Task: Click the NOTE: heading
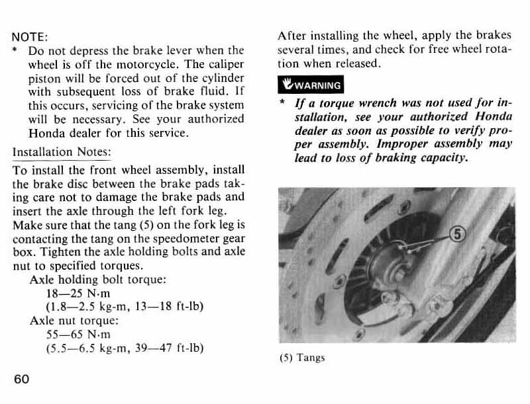[x=30, y=37]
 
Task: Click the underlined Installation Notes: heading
[x=62, y=151]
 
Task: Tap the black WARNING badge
[x=311, y=85]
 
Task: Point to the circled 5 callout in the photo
[x=458, y=234]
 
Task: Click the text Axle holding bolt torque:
[x=97, y=279]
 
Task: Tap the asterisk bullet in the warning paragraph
[x=283, y=102]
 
